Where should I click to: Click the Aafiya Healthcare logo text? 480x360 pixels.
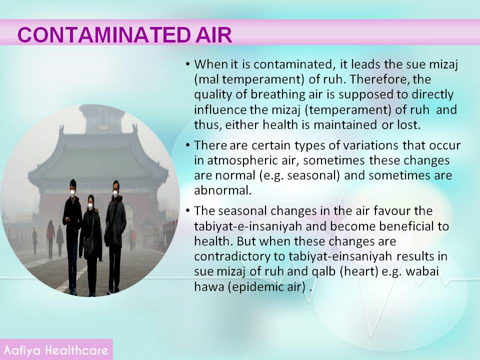55,350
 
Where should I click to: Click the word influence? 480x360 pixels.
220,109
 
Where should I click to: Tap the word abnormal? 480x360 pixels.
223,190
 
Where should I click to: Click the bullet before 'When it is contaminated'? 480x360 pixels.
187,64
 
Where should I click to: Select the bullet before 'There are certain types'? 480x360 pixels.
187,145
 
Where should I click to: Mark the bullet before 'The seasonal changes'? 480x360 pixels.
187,211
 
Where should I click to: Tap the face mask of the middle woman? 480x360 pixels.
90,206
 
